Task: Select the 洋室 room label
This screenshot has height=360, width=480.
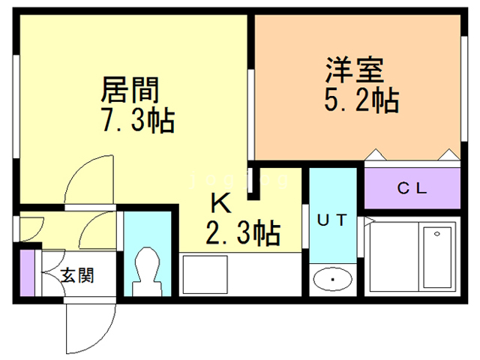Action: pos(355,70)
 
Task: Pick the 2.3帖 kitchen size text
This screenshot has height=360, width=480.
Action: pos(243,234)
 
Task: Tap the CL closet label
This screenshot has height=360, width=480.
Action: pos(412,189)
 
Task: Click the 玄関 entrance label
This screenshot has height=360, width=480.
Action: pos(76,275)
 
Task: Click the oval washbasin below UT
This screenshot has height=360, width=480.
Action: pos(333,280)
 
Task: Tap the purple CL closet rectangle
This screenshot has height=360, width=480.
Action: pos(411,189)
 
